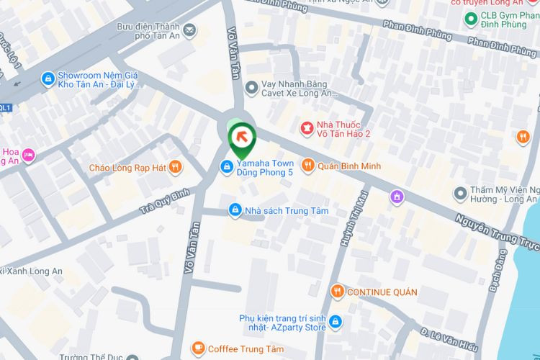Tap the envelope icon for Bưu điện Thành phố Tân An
[189, 30]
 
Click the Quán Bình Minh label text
[351, 166]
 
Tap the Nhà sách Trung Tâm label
[286, 210]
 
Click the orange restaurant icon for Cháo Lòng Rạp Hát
[175, 167]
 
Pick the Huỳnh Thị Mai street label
[354, 220]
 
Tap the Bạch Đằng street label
[496, 271]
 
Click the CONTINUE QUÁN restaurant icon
[337, 292]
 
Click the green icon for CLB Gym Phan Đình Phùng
[471, 18]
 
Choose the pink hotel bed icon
[28, 154]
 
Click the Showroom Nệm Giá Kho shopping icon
[48, 78]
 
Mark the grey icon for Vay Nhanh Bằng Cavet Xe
[251, 87]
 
